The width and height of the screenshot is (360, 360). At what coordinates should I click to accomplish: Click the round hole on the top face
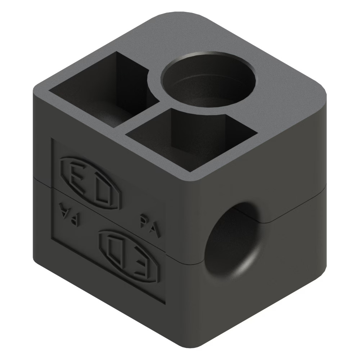[208, 80]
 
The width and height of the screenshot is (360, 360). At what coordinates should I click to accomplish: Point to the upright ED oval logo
[90, 183]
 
